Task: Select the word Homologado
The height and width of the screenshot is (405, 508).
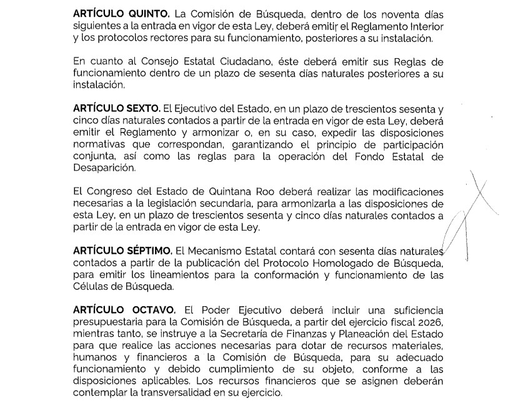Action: pyautogui.click(x=346, y=262)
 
